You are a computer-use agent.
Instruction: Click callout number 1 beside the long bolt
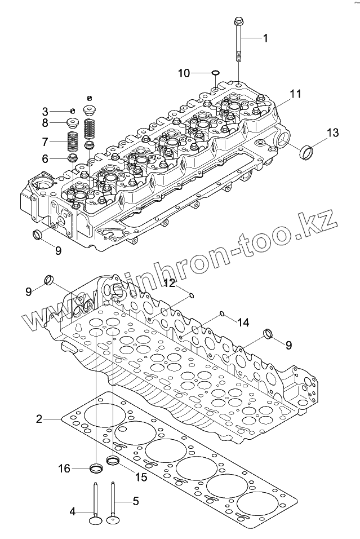[x=265, y=38]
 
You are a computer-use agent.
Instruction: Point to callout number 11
[x=296, y=92]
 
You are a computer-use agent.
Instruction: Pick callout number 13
[x=333, y=133]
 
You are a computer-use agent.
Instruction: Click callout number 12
[x=170, y=282]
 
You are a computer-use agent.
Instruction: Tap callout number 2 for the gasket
[x=39, y=419]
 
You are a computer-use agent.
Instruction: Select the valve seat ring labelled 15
[x=113, y=461]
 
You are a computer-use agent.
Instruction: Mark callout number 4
[x=73, y=511]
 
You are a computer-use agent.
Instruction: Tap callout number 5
[x=135, y=500]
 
